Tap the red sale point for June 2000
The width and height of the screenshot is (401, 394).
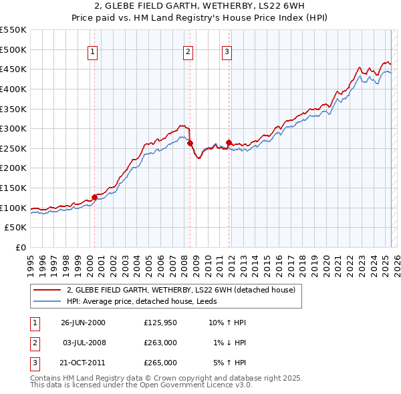click(x=94, y=197)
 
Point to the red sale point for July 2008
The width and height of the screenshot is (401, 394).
click(x=190, y=143)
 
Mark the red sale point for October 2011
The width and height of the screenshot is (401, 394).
click(x=229, y=142)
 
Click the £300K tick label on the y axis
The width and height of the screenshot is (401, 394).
click(x=13, y=128)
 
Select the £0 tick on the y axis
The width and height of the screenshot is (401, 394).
click(x=21, y=248)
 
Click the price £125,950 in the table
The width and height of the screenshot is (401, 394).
click(x=160, y=323)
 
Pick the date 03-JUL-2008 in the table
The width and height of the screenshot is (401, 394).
click(x=83, y=343)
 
